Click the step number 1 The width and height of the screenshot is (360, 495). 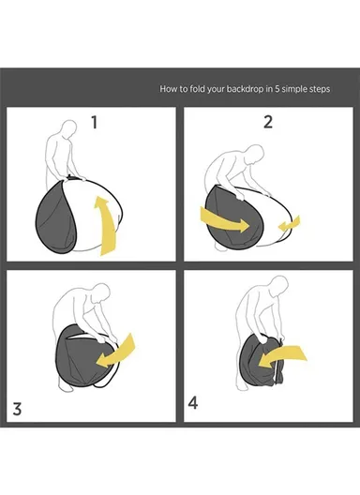[94, 123]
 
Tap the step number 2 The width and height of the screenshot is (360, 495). [268, 122]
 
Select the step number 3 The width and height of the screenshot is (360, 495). [17, 409]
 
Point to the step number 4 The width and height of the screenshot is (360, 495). [193, 403]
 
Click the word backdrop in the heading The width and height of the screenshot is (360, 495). [246, 89]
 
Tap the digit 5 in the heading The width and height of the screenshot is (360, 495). [277, 89]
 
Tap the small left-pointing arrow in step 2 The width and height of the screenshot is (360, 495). [290, 224]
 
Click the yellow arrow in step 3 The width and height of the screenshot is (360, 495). [117, 352]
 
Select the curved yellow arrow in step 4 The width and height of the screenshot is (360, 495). [282, 355]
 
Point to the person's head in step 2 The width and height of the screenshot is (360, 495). [255, 154]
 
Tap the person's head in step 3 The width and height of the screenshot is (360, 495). [101, 293]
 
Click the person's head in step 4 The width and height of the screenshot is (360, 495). [279, 285]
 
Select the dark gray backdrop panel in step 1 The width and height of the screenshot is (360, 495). [55, 217]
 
